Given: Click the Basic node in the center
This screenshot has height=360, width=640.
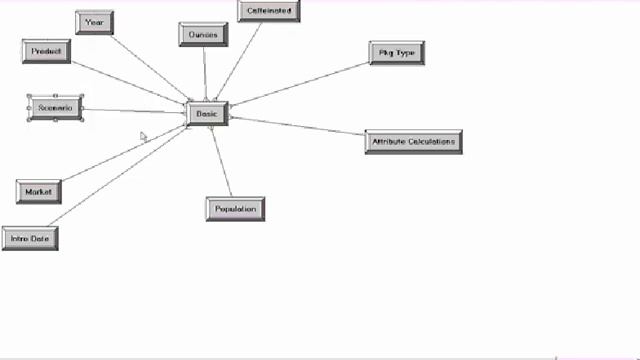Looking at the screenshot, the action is click(207, 114).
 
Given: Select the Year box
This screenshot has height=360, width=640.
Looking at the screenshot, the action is click(94, 22).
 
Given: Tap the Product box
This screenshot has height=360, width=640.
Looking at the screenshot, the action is click(46, 51).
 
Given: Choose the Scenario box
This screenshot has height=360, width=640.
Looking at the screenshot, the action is click(55, 108).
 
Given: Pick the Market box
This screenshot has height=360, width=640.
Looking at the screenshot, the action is click(38, 191).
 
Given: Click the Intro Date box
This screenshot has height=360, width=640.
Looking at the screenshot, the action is click(29, 239).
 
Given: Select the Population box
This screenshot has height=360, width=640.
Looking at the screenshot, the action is click(235, 209).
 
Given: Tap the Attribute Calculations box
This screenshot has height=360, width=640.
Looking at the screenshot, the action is click(413, 142).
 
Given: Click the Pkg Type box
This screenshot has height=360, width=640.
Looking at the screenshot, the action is click(397, 53).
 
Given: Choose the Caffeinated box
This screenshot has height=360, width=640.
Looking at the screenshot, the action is click(268, 11).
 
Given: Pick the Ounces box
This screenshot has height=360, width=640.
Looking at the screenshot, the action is click(203, 35).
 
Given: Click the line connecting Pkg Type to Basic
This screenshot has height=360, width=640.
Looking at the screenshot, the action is click(300, 83).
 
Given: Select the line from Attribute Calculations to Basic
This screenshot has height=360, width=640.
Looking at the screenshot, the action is click(298, 129).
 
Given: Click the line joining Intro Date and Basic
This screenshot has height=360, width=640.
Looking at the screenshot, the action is click(115, 179).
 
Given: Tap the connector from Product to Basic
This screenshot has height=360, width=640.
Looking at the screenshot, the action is click(128, 82).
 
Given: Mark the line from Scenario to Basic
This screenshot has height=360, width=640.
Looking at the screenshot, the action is click(135, 110).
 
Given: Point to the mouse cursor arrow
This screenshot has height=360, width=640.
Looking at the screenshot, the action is click(142, 135).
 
